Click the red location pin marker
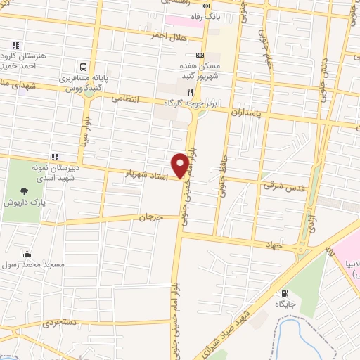pos(181,165)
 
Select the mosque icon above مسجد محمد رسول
pos(27,254)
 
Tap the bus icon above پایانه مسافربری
pos(84,66)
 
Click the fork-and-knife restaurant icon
pos(189,91)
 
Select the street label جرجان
pos(150,219)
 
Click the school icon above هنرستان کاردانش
pos(15,46)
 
